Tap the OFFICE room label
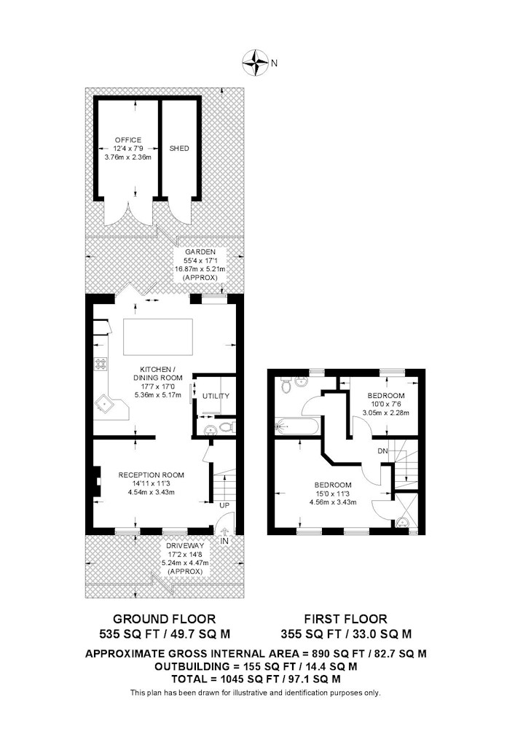pyautogui.click(x=128, y=140)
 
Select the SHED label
pyautogui.click(x=179, y=148)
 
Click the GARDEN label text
pyautogui.click(x=200, y=252)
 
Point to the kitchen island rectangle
pyautogui.click(x=158, y=337)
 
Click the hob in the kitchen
pyautogui.click(x=101, y=364)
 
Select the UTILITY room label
pyautogui.click(x=216, y=396)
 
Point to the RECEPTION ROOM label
pyautogui.click(x=151, y=475)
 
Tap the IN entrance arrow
pyautogui.click(x=225, y=533)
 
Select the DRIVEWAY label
pyautogui.click(x=185, y=545)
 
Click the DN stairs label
pyautogui.click(x=382, y=451)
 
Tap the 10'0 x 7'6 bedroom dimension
pyautogui.click(x=386, y=404)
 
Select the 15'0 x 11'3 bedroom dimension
pyautogui.click(x=332, y=494)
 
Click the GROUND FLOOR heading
pyautogui.click(x=165, y=619)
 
